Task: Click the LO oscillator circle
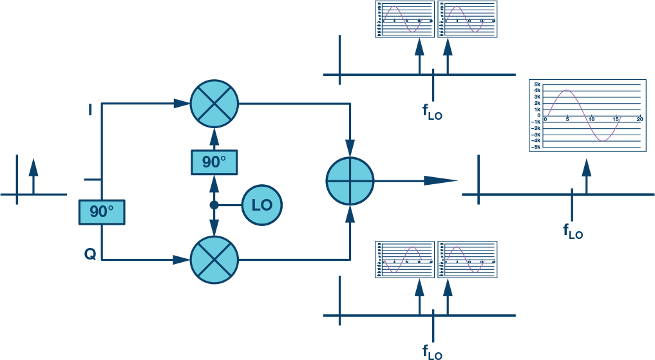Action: point(262,205)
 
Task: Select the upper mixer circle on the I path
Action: point(214,104)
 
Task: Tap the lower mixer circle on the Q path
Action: point(214,260)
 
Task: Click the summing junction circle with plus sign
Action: point(350,181)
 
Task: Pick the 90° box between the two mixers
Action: point(214,162)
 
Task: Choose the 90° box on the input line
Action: point(101,212)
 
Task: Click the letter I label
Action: point(90,110)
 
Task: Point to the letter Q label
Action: point(90,254)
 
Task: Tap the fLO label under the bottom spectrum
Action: point(432,352)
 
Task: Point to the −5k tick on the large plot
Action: point(535,147)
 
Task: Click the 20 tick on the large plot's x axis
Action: point(640,120)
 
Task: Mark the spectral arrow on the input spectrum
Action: point(33,174)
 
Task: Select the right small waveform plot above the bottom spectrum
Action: point(467,260)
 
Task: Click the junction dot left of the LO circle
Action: point(214,205)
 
